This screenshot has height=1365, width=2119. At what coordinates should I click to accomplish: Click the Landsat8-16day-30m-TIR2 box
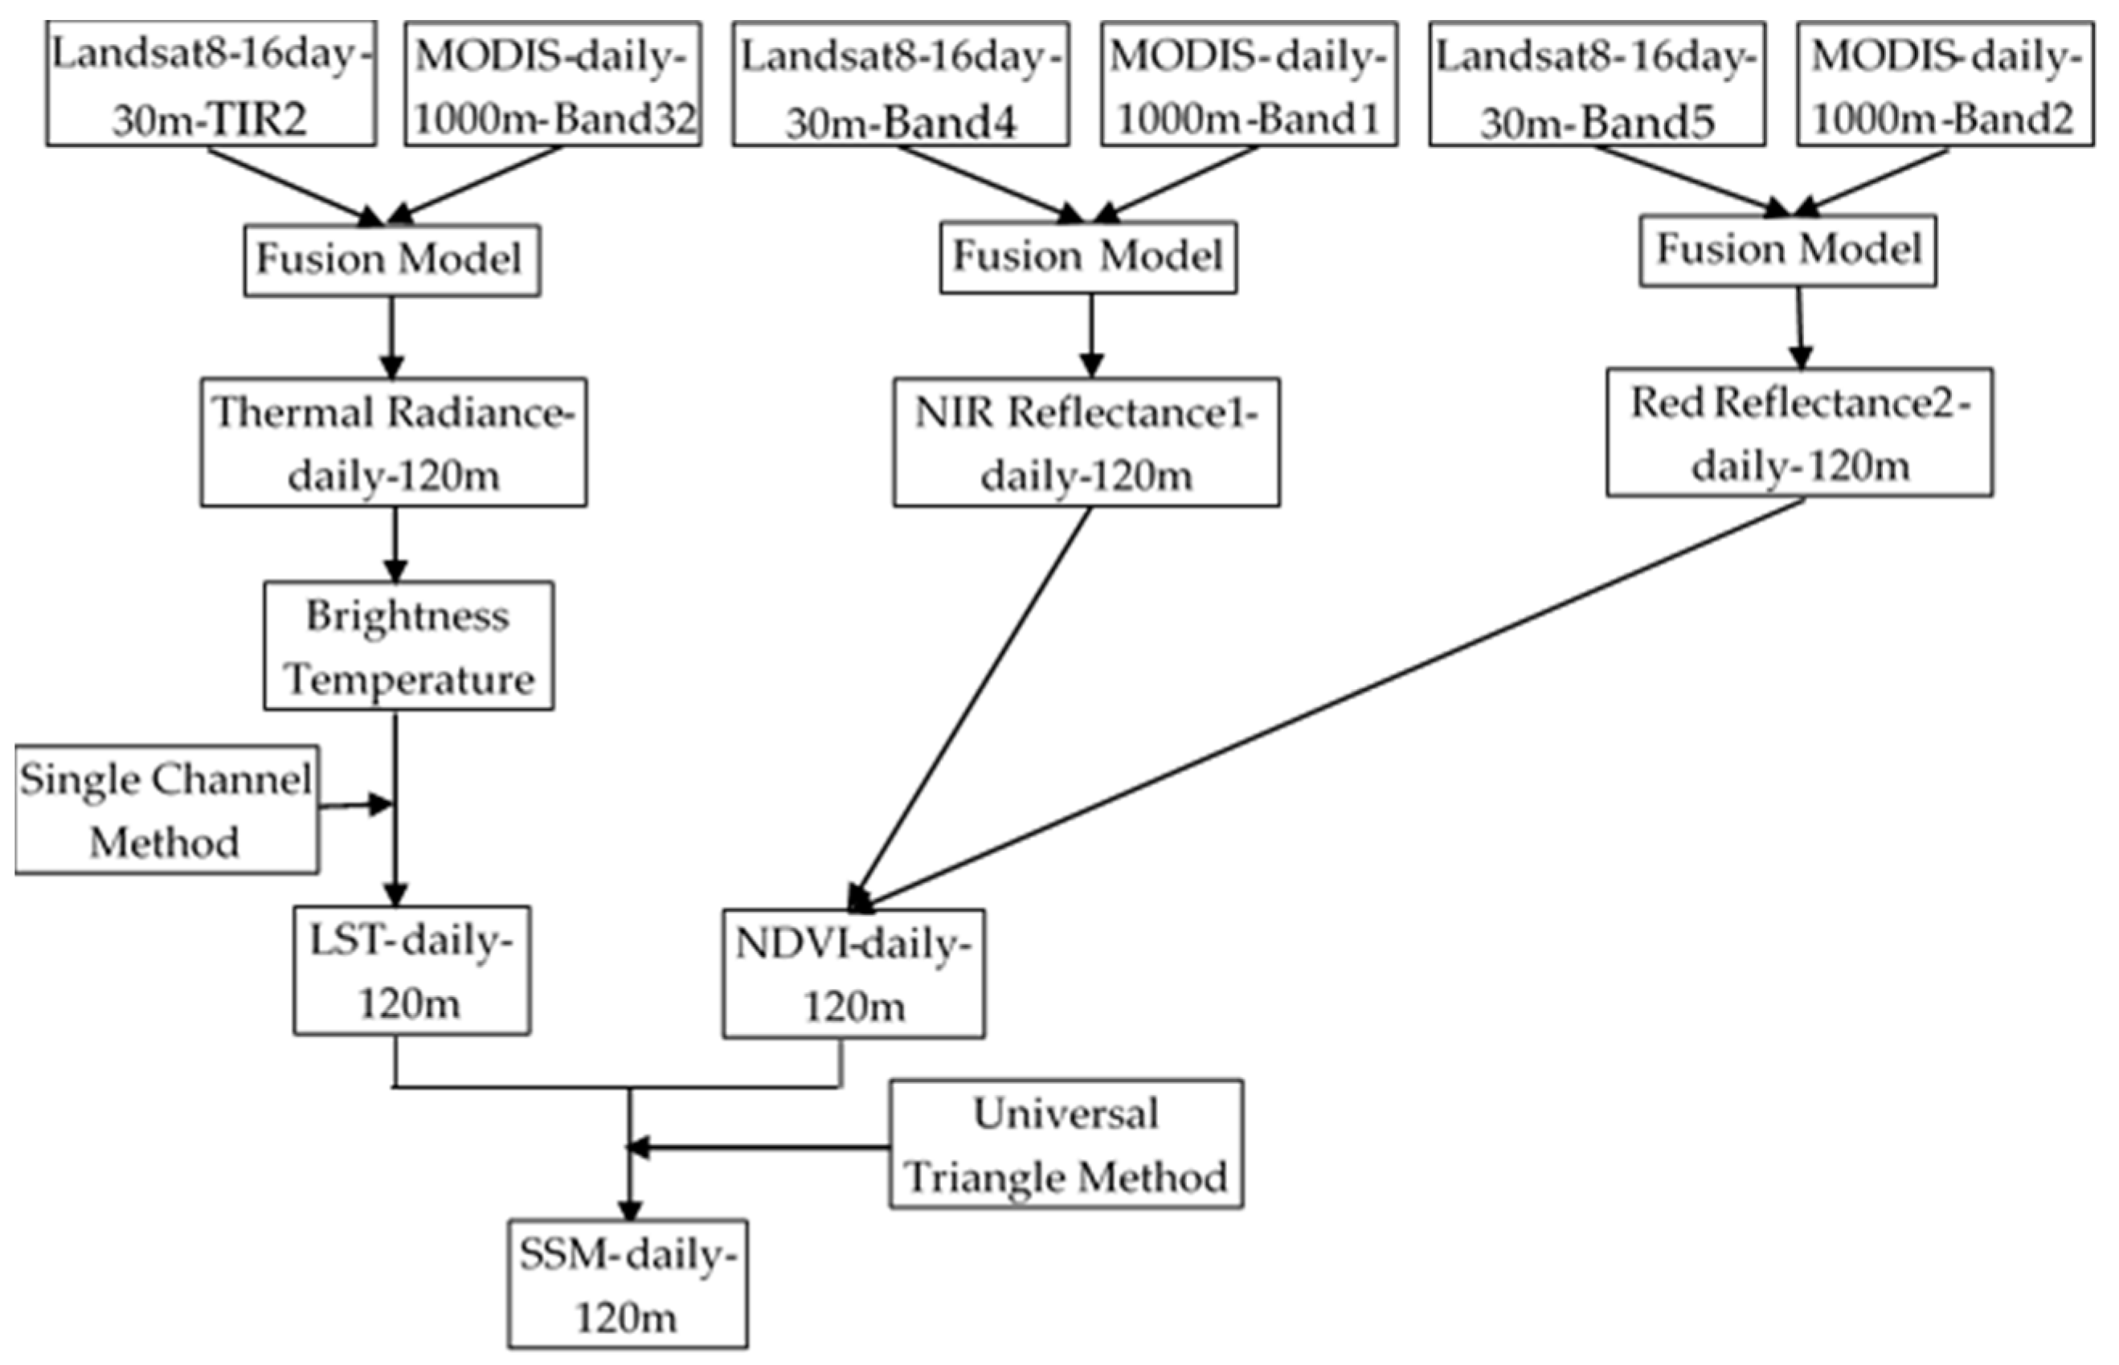211,84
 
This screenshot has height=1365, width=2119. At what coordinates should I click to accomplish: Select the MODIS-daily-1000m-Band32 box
553,84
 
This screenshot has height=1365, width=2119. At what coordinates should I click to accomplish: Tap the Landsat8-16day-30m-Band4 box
901,84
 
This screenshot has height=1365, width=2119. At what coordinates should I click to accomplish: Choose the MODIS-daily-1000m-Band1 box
1250,84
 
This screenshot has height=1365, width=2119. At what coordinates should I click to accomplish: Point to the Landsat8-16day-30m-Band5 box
1597,84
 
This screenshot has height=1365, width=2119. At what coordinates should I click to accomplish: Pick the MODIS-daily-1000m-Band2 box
1945,84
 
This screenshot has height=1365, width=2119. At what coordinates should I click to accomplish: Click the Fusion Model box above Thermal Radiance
392,260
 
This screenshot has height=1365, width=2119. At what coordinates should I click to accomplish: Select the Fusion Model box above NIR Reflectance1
1088,258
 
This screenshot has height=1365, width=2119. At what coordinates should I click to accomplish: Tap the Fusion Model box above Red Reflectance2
1787,250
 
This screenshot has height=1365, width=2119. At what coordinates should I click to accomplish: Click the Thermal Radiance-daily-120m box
393,443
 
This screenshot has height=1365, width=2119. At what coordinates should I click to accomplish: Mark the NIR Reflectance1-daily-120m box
1086,443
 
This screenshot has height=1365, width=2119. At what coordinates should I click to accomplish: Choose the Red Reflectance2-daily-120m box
1800,432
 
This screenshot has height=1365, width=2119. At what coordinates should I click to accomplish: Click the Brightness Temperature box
409,646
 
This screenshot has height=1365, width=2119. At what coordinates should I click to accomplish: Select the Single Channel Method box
166,809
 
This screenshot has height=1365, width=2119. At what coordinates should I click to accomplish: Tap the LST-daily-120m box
411,970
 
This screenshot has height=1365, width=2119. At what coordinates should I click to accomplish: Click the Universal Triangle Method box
1066,1143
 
